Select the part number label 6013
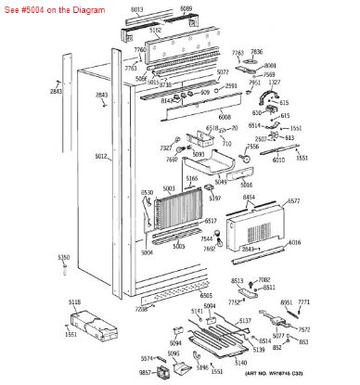tap(136, 8)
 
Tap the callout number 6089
tap(186, 8)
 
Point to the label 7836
tap(257, 53)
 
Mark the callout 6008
tap(225, 118)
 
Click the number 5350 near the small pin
tap(63, 256)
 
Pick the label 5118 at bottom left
tap(74, 302)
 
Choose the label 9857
tap(145, 372)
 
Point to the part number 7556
tap(252, 147)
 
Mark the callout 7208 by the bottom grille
tap(140, 308)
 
